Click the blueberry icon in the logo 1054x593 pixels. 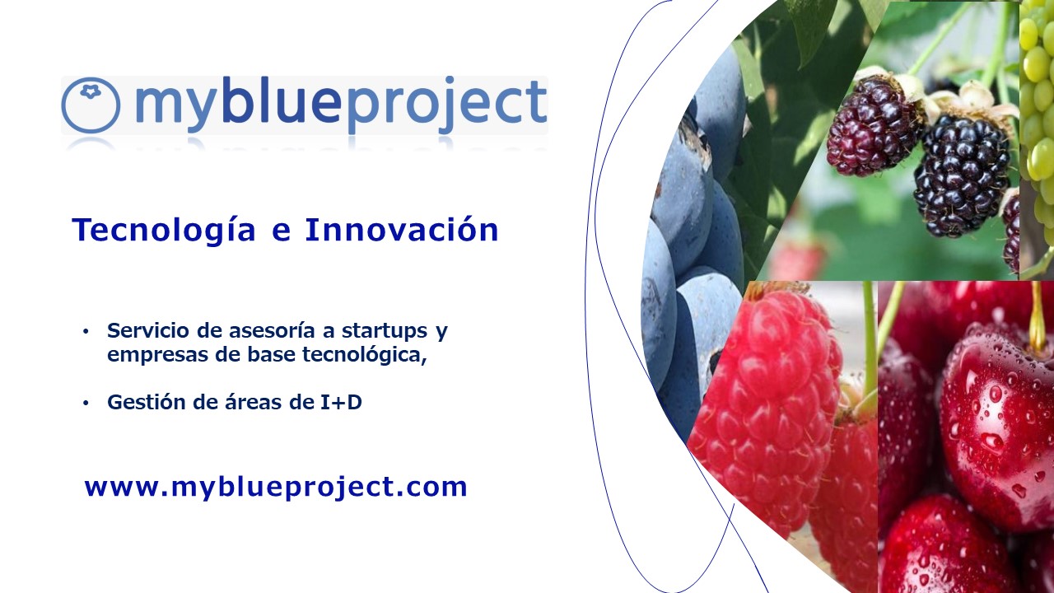pos(91,105)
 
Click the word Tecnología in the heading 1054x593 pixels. pos(164,231)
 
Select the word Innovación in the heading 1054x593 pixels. pos(402,230)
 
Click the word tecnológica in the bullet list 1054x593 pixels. pos(364,356)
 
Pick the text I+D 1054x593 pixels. pos(341,403)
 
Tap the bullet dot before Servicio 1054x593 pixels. pos(85,332)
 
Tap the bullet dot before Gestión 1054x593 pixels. pos(85,404)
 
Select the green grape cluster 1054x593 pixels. pos(1037,118)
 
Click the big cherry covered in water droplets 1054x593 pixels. pos(997,423)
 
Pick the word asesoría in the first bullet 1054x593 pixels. pos(272,331)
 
